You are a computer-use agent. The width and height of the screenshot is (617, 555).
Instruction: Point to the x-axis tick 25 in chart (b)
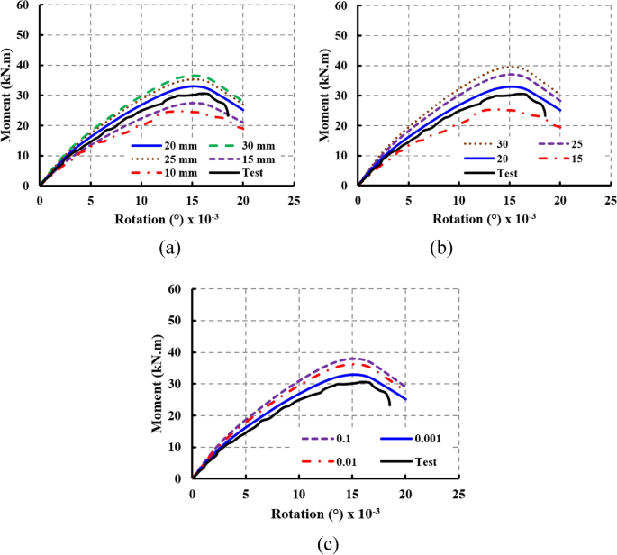coord(611,198)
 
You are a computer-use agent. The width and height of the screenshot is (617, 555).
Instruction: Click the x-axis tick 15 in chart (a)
coord(191,198)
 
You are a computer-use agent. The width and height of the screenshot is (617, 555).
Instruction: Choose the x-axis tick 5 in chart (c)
coord(245,495)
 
